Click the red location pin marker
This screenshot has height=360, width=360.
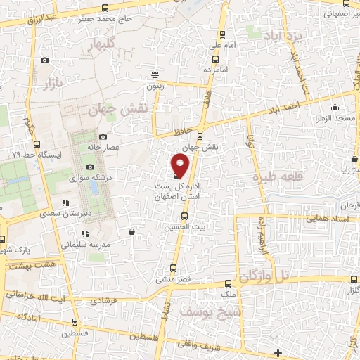tap(181, 165)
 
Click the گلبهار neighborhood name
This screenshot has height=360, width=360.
tap(101, 46)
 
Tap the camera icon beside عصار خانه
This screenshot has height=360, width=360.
tap(103, 137)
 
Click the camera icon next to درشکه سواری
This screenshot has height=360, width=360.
tap(90, 167)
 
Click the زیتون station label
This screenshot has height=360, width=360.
tap(154, 85)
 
